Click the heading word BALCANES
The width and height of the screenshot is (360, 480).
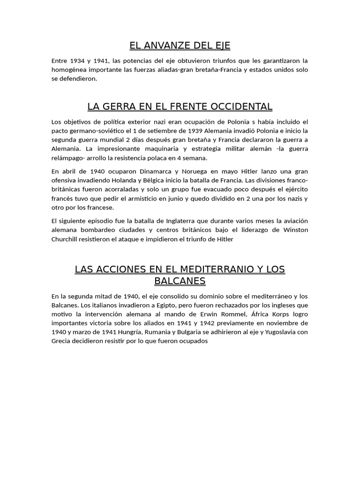(x=180, y=281)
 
